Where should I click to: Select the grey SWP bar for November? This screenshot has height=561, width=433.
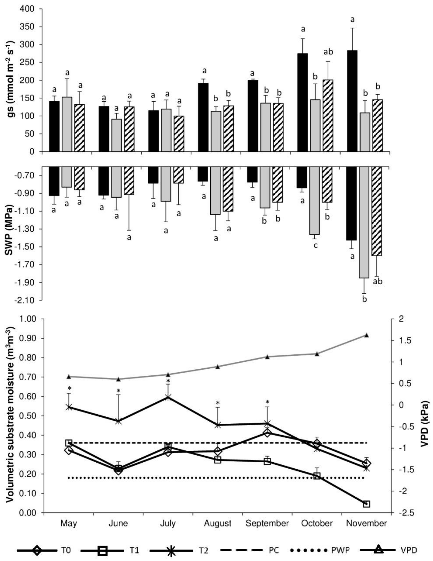coord(364,222)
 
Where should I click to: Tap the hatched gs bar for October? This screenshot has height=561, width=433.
coord(328,116)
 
